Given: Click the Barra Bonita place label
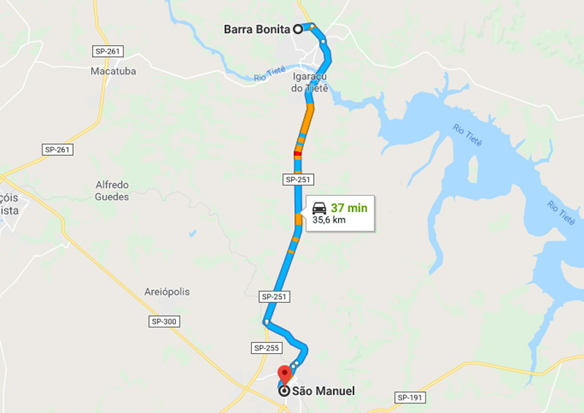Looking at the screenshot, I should [257, 29].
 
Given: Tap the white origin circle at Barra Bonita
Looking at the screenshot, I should [298, 29].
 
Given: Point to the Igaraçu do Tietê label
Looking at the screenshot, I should [310, 82].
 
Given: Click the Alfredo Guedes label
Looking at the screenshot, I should [112, 191].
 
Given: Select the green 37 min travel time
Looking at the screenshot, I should [349, 208].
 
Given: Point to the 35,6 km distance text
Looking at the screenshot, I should [328, 220].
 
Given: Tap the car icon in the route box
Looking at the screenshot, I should [319, 208].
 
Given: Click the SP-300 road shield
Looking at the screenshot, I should [164, 322].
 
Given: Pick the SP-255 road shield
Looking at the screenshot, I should [267, 348].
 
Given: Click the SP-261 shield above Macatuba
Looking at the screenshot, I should [107, 51].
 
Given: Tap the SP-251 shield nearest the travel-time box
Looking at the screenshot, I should [298, 179].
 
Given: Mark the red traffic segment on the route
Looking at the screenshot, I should [297, 154].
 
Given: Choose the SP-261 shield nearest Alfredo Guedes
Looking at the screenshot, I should [57, 149].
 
